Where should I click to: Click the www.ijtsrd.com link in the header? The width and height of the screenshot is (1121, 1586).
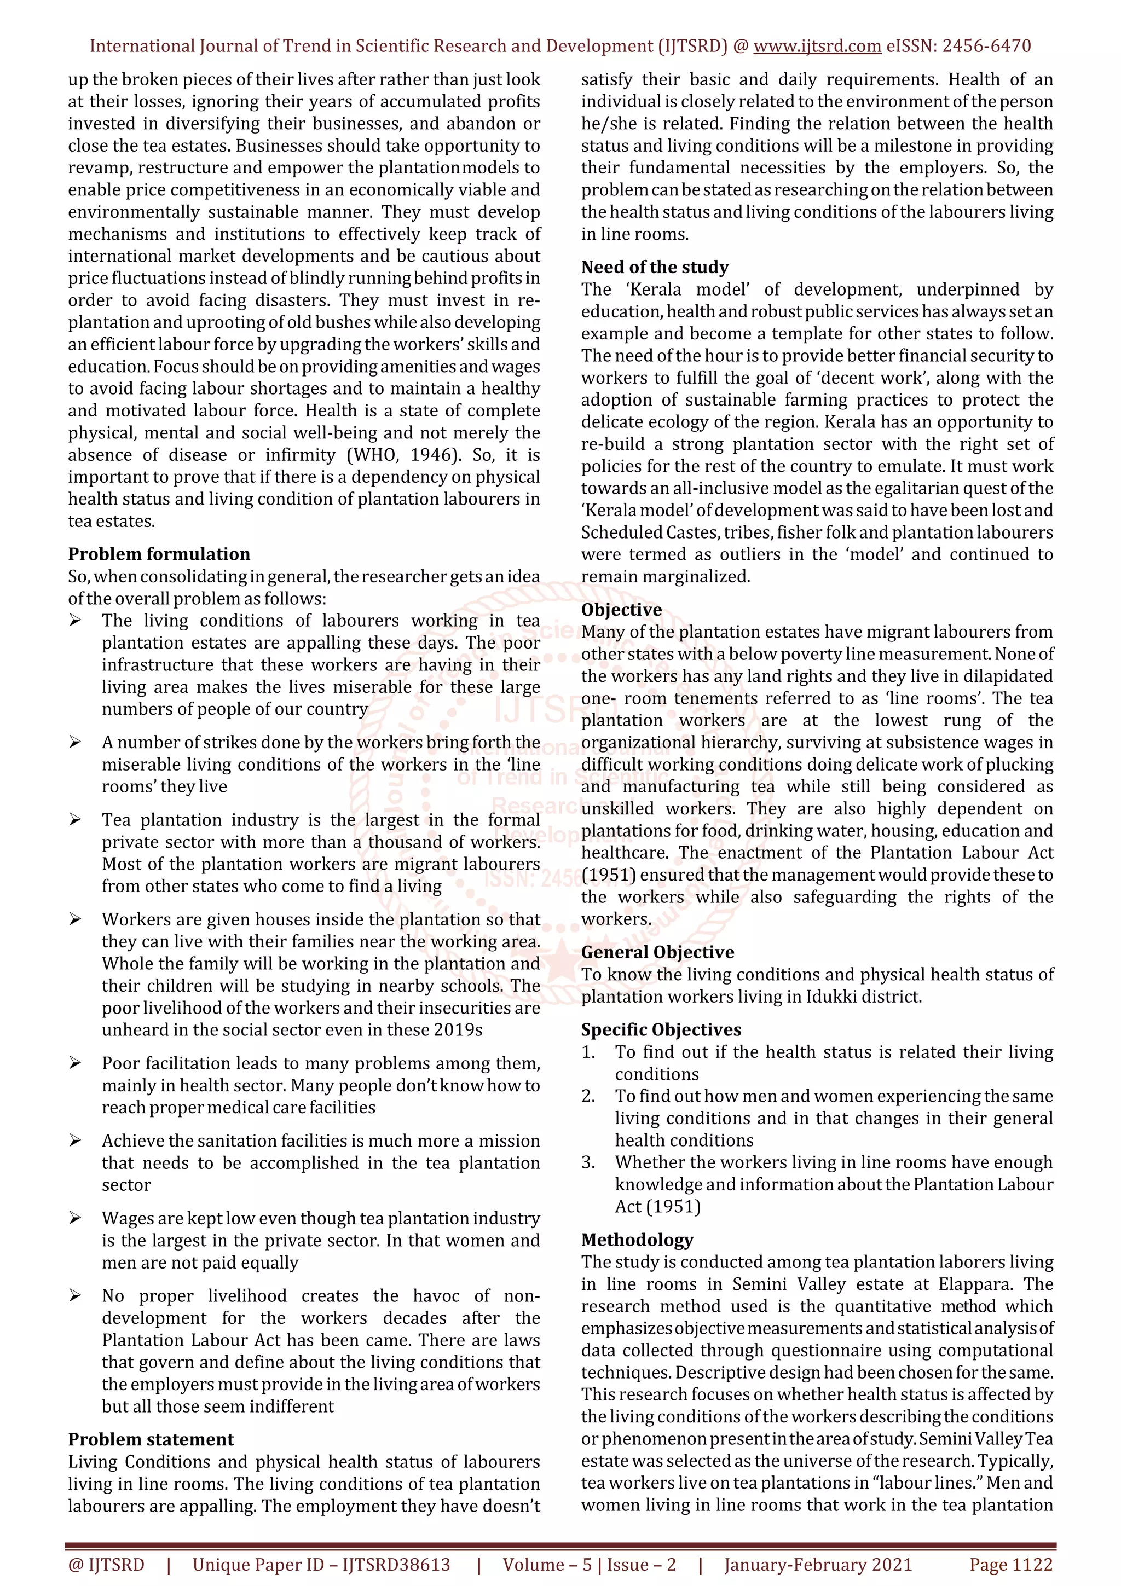817,47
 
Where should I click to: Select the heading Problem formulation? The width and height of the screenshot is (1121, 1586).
159,554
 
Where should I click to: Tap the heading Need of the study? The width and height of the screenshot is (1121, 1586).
654,267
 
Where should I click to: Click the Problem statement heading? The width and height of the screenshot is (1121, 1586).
151,1439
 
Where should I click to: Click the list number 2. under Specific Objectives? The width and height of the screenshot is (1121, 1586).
588,1096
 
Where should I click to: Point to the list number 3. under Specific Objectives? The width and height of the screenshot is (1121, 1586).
588,1162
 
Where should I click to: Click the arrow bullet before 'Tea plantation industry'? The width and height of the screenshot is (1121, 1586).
76,820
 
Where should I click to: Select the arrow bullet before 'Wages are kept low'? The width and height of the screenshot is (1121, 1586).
76,1219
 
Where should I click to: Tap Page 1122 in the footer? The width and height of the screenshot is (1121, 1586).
1010,1564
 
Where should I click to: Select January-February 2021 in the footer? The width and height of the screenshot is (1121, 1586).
818,1564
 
